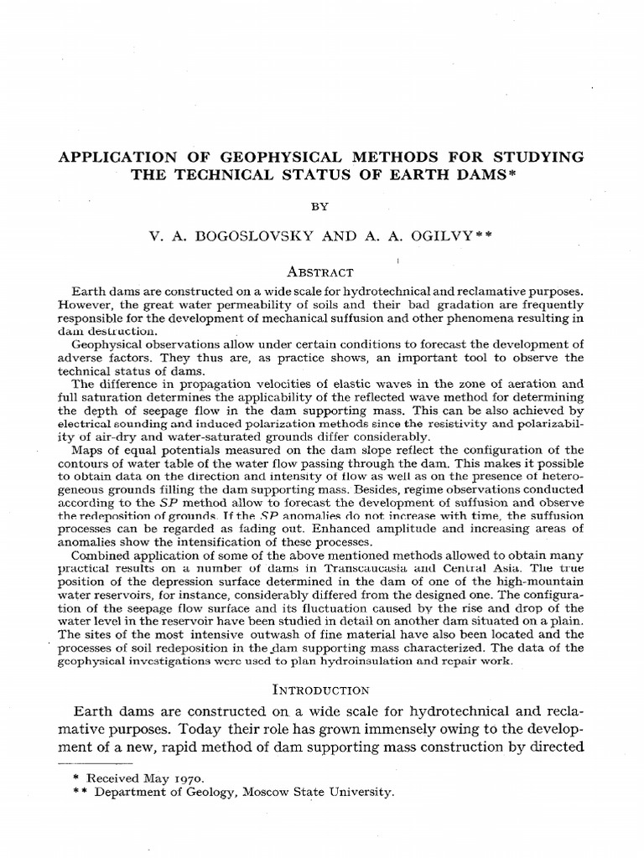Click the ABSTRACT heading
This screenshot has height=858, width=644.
[x=321, y=272]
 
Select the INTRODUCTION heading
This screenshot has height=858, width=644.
[x=322, y=690]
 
